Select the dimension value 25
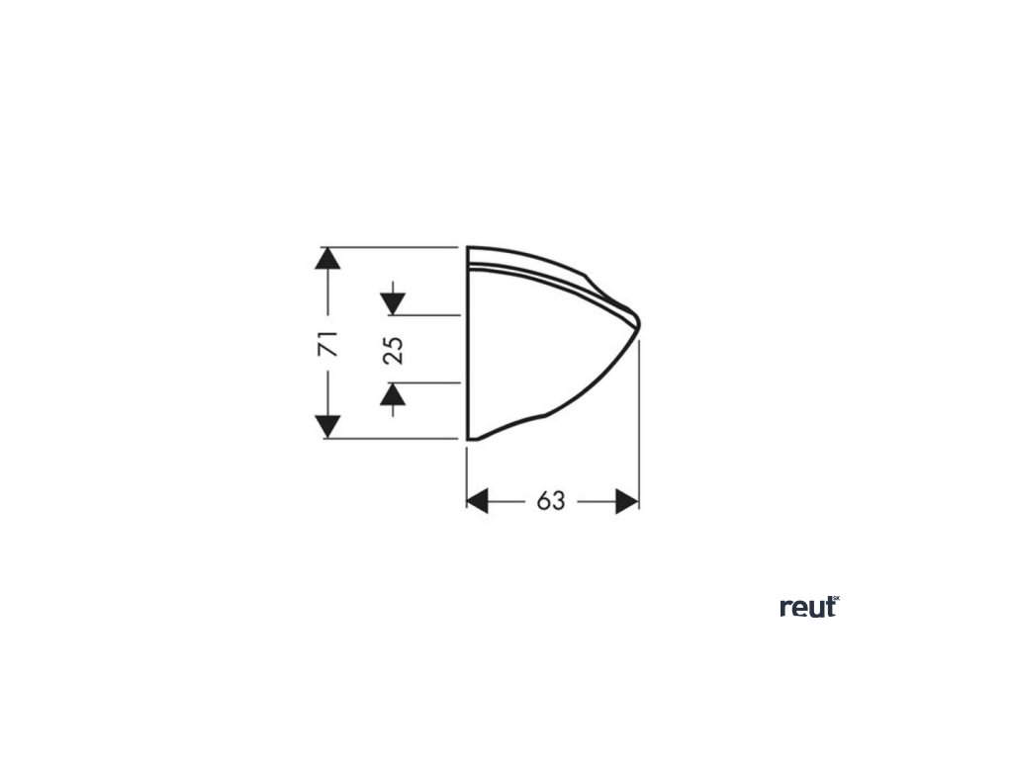[394, 349]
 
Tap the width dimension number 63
[551, 501]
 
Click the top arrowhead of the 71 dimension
[327, 259]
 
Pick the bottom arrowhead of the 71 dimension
[327, 427]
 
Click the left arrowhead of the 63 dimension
[479, 501]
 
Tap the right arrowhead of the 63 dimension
[626, 501]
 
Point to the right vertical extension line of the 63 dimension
[639, 425]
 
